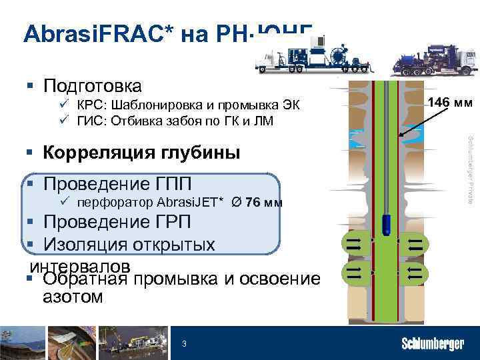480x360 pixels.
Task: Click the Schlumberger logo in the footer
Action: (432, 344)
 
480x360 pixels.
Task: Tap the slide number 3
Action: (185, 343)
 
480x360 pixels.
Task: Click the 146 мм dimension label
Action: (450, 103)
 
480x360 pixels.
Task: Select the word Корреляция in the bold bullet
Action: (87, 153)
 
